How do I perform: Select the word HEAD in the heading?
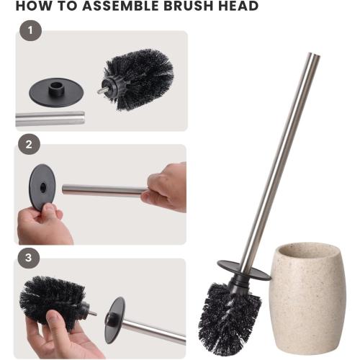tap(234, 7)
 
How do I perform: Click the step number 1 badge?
tap(29, 31)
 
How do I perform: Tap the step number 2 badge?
tap(29, 145)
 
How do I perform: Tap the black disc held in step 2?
tap(42, 186)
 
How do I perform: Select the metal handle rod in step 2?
tap(104, 190)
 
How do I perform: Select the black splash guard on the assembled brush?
tap(243, 269)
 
